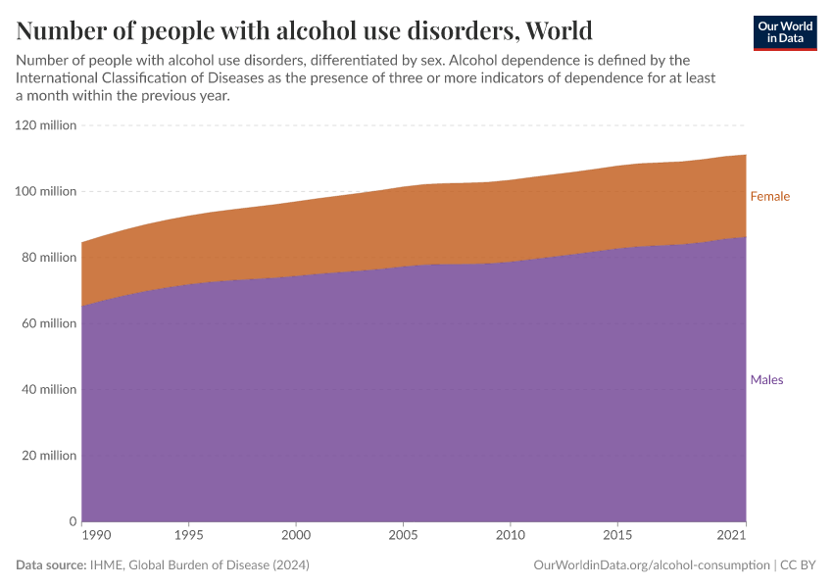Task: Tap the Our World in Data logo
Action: (x=784, y=32)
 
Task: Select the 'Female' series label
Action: (x=769, y=196)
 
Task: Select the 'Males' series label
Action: (x=766, y=379)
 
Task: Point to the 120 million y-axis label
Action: (x=45, y=125)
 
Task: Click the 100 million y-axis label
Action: (x=45, y=191)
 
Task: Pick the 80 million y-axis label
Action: (x=47, y=258)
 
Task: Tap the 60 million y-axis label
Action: (x=47, y=323)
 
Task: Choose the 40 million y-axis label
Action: (x=47, y=389)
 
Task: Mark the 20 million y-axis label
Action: (x=47, y=456)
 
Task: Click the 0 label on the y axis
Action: (x=73, y=521)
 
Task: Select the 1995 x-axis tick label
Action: (x=189, y=535)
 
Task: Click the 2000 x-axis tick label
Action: (x=296, y=535)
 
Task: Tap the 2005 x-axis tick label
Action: (x=403, y=535)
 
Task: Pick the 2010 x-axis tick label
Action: (x=511, y=535)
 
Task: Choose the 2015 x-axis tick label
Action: (x=617, y=535)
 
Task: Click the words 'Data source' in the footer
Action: (x=48, y=565)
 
